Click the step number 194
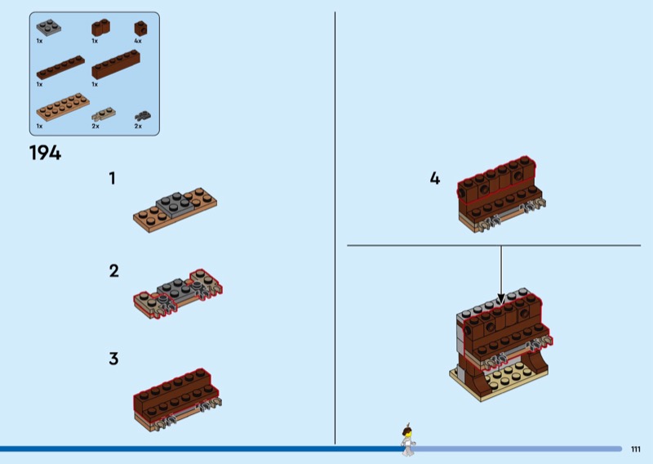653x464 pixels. [45, 152]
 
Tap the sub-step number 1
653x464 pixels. [113, 178]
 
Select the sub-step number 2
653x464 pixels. [113, 270]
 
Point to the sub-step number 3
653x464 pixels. [113, 358]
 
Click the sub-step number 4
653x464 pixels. [434, 178]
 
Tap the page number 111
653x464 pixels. [636, 448]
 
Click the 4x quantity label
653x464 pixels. [138, 40]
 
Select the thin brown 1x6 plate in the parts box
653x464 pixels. [59, 68]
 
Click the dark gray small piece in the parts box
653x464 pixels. [143, 115]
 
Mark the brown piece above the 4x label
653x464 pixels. [140, 28]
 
